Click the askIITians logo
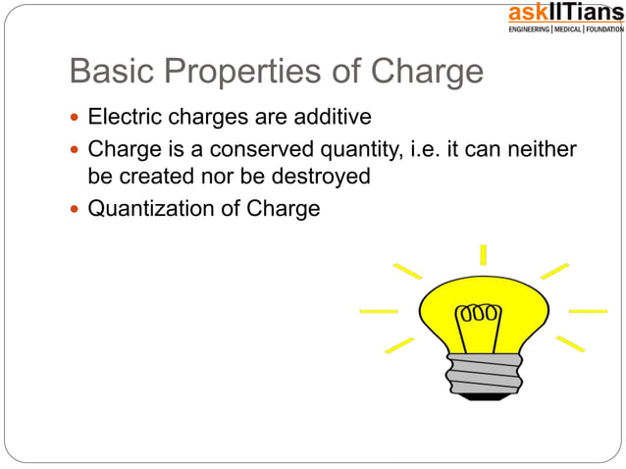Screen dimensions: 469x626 (x=564, y=18)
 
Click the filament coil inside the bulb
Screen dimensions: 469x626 (x=477, y=316)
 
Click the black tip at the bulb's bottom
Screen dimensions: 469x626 (x=483, y=396)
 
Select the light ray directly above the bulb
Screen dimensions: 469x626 (x=483, y=255)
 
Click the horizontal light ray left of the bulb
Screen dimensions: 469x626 (x=379, y=311)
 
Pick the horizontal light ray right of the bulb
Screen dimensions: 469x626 (x=588, y=311)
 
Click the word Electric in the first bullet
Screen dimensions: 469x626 (x=121, y=118)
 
